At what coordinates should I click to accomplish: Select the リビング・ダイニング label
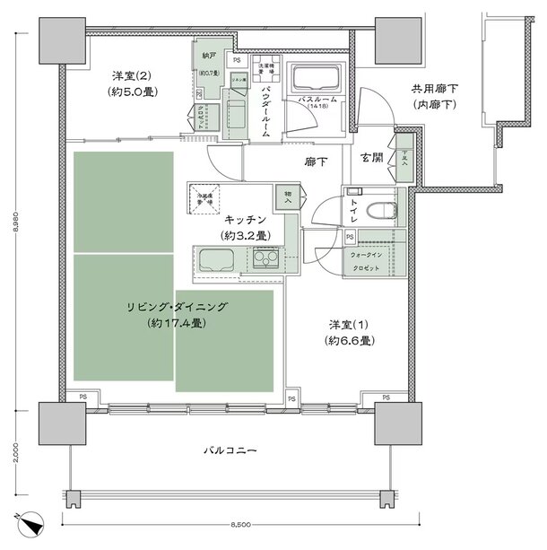pyautogui.click(x=177, y=307)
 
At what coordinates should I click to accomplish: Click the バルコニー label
pyautogui.click(x=230, y=448)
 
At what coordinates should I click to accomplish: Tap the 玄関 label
pyautogui.click(x=371, y=158)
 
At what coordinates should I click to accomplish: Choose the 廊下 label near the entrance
pyautogui.click(x=314, y=162)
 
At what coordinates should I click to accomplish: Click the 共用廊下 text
pyautogui.click(x=434, y=89)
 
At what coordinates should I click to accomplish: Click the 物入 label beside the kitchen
pyautogui.click(x=288, y=196)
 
